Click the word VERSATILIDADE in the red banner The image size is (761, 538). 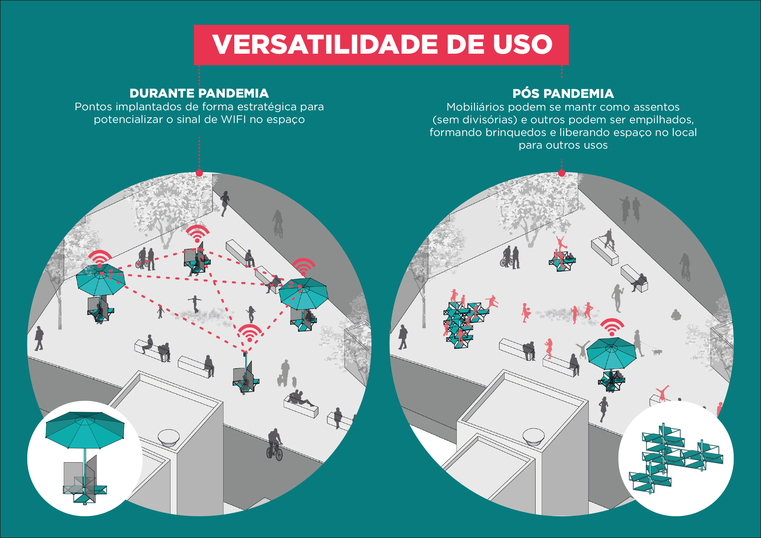click(325, 45)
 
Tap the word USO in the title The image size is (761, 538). click(523, 45)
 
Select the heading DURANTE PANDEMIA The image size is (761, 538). click(199, 93)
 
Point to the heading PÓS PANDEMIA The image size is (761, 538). click(563, 94)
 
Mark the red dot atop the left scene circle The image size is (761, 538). click(199, 173)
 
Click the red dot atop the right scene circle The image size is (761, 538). click(562, 173)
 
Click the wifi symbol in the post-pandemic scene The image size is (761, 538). click(612, 327)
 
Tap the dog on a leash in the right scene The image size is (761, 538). click(657, 352)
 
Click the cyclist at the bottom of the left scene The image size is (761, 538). click(275, 446)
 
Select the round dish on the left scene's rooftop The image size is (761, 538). click(169, 437)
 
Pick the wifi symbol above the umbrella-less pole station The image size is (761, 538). click(250, 333)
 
